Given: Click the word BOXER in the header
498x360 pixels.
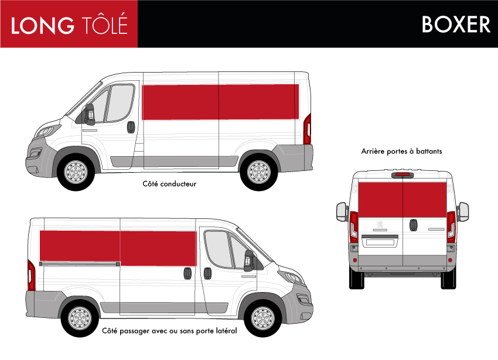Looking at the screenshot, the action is pyautogui.click(x=456, y=24).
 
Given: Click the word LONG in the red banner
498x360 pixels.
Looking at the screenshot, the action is pyautogui.click(x=43, y=25).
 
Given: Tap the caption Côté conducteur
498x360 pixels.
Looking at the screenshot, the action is pyautogui.click(x=169, y=184).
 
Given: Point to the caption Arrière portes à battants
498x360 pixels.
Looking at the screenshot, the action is pyautogui.click(x=401, y=151).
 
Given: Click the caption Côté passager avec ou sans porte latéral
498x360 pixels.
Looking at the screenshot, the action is pyautogui.click(x=169, y=331).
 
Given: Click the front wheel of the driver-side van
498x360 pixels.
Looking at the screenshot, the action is pyautogui.click(x=76, y=172).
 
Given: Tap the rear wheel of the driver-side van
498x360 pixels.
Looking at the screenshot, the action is pyautogui.click(x=259, y=172).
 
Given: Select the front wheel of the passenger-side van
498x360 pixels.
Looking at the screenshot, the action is pyautogui.click(x=263, y=318).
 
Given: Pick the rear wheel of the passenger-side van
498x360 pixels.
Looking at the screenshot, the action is pyautogui.click(x=80, y=318).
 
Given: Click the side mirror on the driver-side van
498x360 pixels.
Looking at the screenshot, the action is pyautogui.click(x=88, y=114).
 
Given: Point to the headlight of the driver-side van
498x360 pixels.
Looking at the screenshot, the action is pyautogui.click(x=47, y=131).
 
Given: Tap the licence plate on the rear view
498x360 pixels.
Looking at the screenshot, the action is pyautogui.click(x=380, y=242).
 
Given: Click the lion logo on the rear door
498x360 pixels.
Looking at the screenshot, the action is pyautogui.click(x=380, y=225).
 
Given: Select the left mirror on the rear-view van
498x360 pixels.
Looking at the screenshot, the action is pyautogui.click(x=342, y=212).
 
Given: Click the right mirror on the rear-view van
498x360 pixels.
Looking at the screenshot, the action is pyautogui.click(x=463, y=212).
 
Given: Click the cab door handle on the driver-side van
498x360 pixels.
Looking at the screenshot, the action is pyautogui.click(x=131, y=127).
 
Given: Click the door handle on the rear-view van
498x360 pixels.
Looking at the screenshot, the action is pyautogui.click(x=413, y=225).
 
